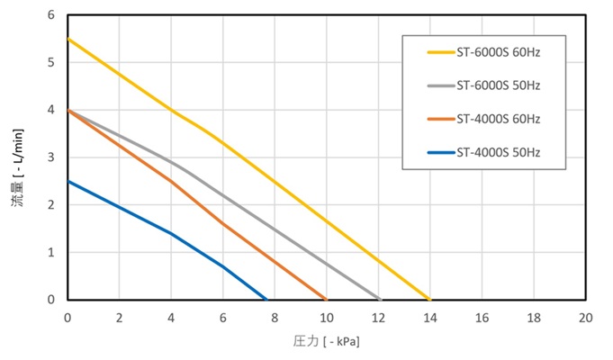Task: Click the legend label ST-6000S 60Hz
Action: pos(498,52)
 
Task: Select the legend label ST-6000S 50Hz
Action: pos(498,85)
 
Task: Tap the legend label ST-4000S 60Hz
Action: pos(498,119)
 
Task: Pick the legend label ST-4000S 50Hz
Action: pos(498,152)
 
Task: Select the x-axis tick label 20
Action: pos(585,318)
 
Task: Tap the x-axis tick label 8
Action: pos(275,318)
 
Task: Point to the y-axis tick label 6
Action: pos(51,15)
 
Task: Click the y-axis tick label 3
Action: pos(51,157)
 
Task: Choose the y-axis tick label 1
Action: pos(51,252)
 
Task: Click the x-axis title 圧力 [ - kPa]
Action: pos(327,342)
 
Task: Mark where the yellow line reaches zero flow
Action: pos(429,299)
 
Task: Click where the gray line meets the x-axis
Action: pos(381,299)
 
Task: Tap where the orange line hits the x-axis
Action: pos(326,299)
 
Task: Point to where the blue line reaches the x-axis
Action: pos(266,299)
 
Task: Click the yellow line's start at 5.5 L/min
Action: pos(68,39)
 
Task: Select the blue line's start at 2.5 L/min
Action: pos(68,181)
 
